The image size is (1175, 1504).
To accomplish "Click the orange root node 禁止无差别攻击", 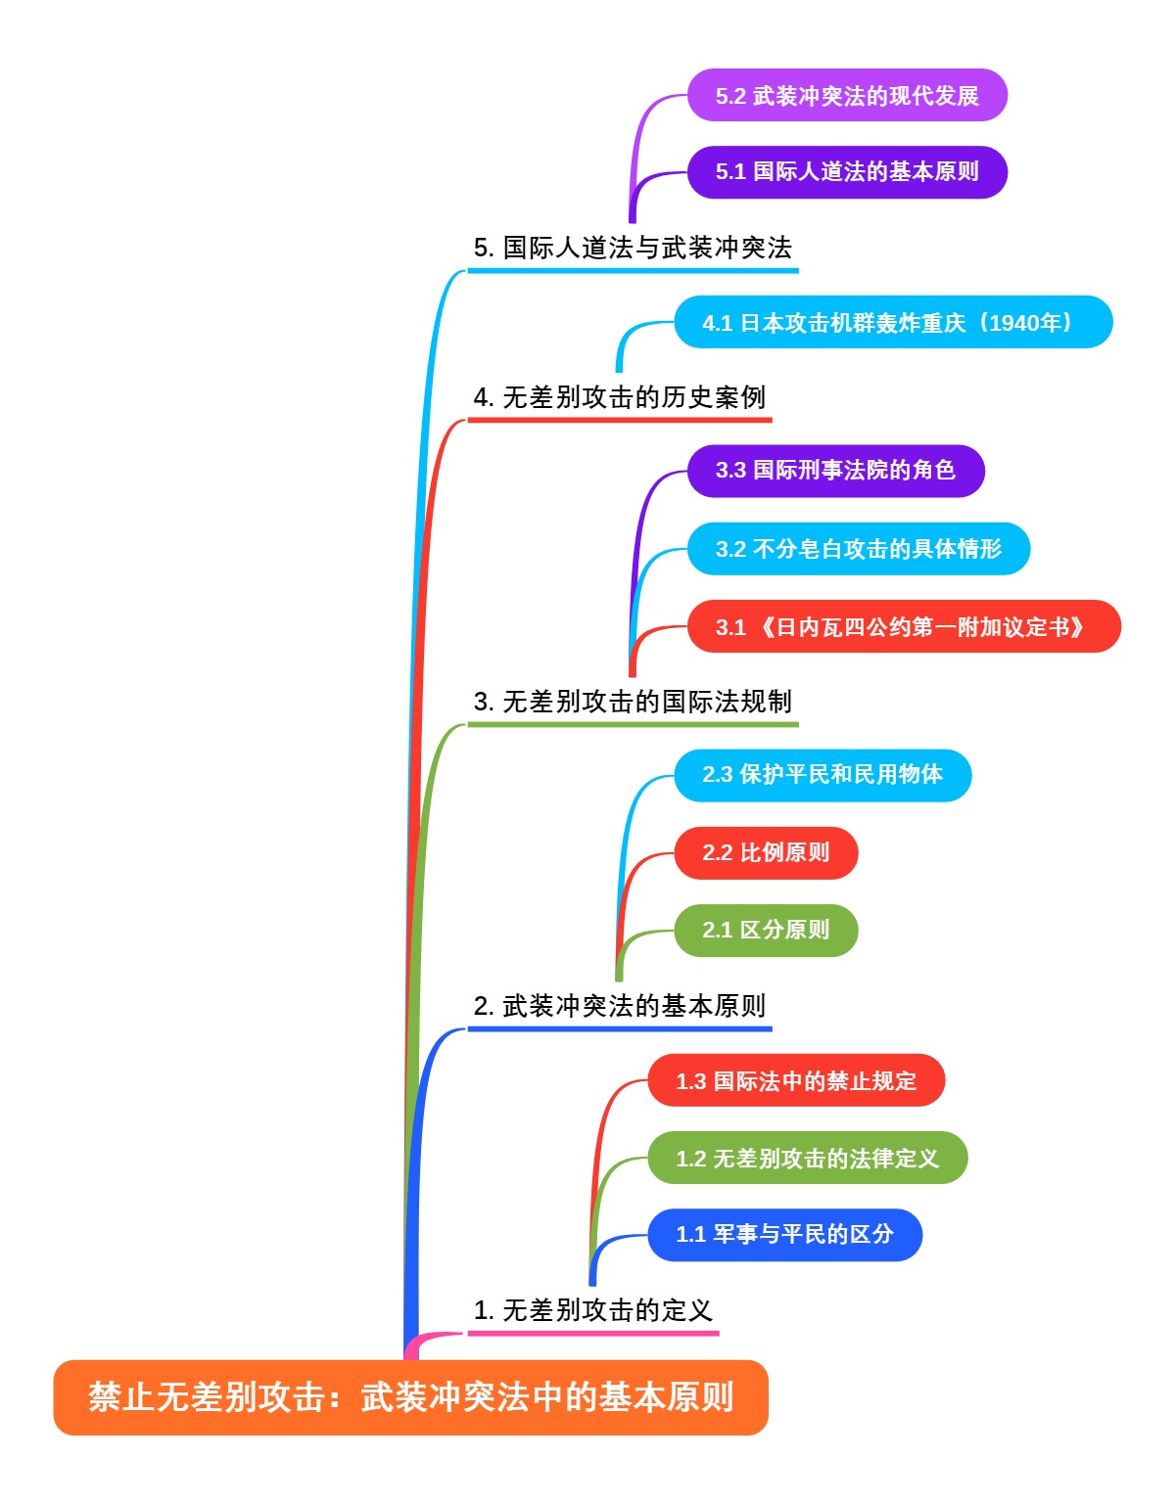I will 410,1396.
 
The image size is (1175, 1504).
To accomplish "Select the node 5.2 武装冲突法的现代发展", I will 847,96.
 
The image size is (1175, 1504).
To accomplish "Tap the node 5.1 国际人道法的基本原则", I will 847,172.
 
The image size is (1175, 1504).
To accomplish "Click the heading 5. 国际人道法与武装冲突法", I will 633,248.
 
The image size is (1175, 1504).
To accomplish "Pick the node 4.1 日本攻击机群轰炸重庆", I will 893,323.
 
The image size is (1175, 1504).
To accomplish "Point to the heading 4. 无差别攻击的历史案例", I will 619,397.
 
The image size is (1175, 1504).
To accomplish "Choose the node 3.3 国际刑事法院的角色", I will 835,471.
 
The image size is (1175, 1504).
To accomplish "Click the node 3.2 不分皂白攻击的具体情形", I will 858,549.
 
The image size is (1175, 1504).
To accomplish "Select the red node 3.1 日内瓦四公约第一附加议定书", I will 903,627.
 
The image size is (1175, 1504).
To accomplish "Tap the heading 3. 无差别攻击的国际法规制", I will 633,702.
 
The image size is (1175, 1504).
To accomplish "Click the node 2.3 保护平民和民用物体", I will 822,775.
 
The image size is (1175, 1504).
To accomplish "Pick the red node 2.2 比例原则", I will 766,853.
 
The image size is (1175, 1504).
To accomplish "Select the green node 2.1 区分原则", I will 766,931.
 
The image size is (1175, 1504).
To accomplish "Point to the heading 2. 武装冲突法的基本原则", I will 619,1006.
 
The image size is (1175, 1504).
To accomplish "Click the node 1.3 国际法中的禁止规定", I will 796,1081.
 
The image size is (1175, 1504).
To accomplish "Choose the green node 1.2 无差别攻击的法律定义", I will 807,1159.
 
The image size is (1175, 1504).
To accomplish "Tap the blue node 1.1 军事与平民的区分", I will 784,1235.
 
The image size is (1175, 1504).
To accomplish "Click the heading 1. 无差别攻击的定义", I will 592,1310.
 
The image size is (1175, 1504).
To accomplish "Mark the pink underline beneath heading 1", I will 592,1333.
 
